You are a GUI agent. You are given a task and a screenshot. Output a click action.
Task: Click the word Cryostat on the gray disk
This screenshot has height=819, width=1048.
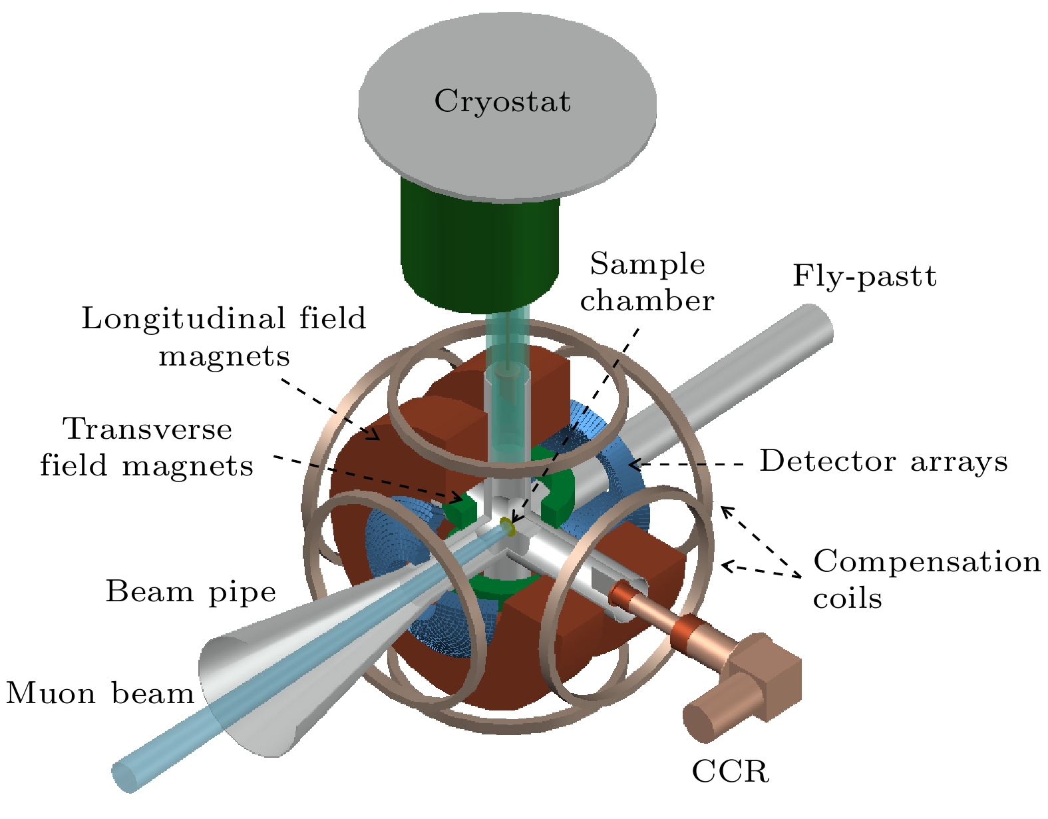[502, 102]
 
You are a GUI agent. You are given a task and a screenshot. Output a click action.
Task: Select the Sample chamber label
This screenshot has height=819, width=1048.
[647, 282]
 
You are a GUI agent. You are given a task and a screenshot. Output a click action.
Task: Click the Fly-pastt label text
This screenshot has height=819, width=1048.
[864, 276]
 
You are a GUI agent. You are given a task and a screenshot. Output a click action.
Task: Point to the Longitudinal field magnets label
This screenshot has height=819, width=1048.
[224, 337]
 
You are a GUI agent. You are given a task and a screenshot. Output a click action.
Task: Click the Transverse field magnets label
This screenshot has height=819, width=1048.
[147, 447]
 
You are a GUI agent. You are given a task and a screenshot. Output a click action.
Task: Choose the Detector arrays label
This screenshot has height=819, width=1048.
[884, 461]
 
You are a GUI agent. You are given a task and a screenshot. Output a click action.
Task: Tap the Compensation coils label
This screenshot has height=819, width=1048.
[926, 579]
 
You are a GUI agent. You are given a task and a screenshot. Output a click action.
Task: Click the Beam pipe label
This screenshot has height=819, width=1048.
[191, 591]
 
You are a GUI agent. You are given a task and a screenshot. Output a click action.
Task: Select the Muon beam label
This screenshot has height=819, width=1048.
[100, 694]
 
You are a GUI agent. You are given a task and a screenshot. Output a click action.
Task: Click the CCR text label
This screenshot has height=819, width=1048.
[730, 772]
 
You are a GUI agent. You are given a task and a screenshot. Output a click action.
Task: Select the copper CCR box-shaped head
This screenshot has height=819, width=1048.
[765, 673]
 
